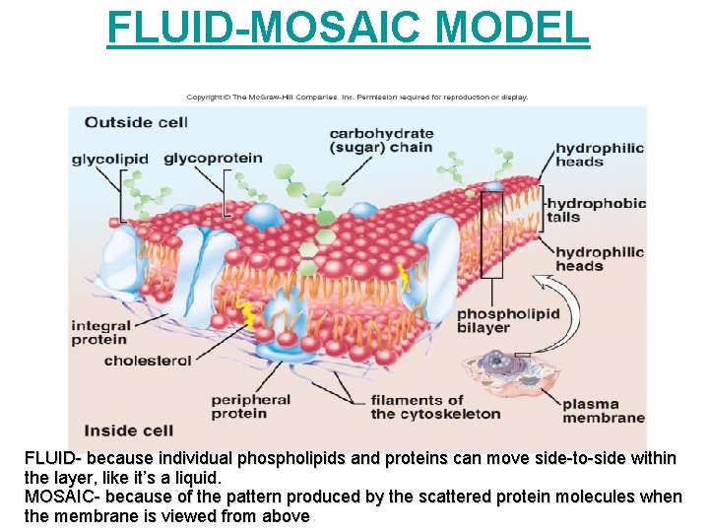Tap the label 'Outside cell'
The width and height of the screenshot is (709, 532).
[x=135, y=122]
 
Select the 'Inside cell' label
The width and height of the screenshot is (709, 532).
[x=128, y=431]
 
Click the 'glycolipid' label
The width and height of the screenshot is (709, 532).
[x=109, y=159]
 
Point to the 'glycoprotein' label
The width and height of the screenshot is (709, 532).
[x=213, y=158]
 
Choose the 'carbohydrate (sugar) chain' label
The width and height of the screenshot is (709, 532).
[x=381, y=141]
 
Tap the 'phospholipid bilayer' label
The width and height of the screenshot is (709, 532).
[x=508, y=320]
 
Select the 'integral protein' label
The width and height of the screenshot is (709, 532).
[x=100, y=333]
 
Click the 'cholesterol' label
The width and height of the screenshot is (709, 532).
[x=148, y=361]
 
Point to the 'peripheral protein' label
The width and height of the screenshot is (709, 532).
[x=251, y=406]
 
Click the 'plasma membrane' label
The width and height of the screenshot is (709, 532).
[x=604, y=410]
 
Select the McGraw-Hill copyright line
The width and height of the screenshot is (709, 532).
[x=357, y=98]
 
